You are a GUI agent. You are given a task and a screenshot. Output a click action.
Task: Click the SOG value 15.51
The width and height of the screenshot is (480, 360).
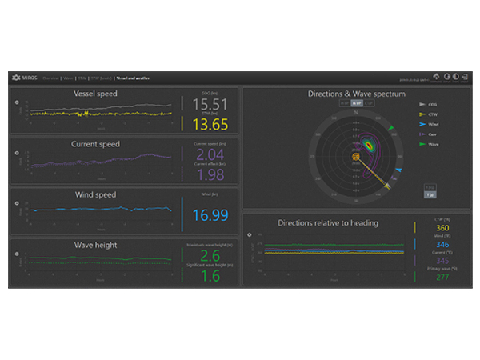pos(210,105)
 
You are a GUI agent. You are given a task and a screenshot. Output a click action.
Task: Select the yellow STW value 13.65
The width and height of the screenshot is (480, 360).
pos(210,124)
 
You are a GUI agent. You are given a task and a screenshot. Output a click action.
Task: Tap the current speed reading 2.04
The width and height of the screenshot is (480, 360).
pos(210,154)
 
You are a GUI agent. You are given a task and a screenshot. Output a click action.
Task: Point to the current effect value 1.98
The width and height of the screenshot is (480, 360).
pos(210,174)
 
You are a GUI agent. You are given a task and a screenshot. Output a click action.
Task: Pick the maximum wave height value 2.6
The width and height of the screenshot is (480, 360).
pos(210,256)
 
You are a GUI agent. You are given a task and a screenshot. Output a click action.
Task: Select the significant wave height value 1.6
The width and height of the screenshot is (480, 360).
pos(210,275)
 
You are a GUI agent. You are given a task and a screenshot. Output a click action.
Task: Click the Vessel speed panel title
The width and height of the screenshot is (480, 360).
pos(95,94)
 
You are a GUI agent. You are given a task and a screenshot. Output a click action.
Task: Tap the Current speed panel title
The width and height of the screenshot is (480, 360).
pos(95,144)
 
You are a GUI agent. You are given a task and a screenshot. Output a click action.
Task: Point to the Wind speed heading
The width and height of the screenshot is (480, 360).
pos(95,194)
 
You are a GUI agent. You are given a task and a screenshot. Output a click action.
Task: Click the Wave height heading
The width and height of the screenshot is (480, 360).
pos(95,245)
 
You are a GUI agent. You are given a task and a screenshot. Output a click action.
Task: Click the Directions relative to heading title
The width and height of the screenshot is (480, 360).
pos(328,222)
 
